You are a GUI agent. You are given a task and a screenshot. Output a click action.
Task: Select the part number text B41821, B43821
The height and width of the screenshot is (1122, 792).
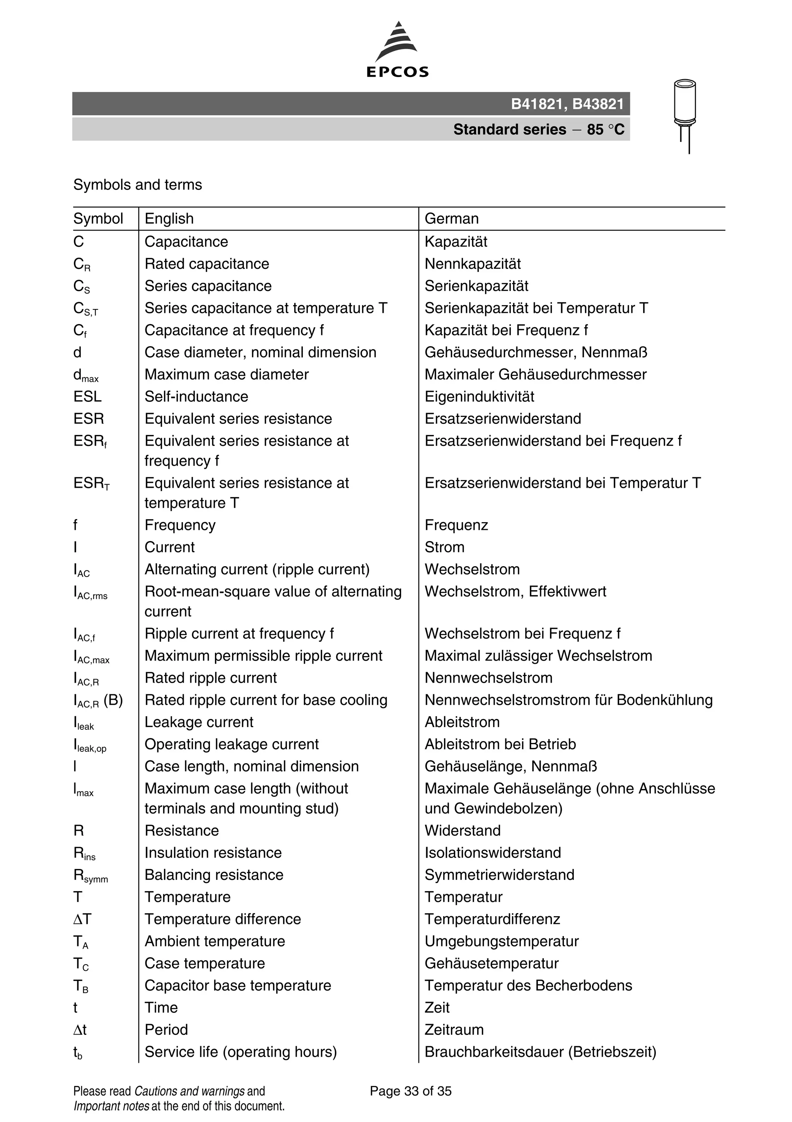coord(567,104)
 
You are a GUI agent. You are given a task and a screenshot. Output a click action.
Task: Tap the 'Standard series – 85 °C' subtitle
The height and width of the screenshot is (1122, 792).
coord(538,130)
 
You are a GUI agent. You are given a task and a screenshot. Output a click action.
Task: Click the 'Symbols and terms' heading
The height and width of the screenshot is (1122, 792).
coord(137,185)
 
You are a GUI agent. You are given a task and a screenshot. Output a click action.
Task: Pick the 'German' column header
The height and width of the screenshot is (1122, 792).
coord(451,219)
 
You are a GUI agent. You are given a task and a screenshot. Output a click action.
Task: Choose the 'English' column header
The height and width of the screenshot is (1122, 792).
coord(169,219)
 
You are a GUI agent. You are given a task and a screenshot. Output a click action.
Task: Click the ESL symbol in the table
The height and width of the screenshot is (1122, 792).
coord(87,396)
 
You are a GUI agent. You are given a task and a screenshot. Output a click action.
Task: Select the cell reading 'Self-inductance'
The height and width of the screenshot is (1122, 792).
coord(196,396)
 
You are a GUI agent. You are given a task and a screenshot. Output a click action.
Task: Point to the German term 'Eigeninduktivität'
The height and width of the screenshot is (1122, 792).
coord(479,396)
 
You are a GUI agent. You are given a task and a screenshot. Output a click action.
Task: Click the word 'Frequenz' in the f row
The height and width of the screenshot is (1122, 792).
coord(456,525)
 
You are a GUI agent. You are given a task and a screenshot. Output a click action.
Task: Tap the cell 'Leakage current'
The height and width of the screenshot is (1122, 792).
coord(199,722)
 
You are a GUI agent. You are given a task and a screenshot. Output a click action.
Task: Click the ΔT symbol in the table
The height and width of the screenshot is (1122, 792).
coord(82,919)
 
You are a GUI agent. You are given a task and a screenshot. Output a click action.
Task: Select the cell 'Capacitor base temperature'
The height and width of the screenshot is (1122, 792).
coord(237,985)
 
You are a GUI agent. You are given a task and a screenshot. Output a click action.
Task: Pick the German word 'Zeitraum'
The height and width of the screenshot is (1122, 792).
coord(454,1029)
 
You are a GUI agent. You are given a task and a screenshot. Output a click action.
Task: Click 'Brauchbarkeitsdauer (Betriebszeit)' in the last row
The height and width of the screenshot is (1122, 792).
coord(540,1051)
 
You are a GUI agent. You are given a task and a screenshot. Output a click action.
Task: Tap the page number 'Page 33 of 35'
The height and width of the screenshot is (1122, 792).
coord(410,1091)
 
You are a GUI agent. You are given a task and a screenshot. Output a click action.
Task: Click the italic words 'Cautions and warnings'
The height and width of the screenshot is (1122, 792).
coord(189,1091)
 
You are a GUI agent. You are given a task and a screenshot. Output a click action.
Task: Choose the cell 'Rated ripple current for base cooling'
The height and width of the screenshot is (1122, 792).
coord(266,700)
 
